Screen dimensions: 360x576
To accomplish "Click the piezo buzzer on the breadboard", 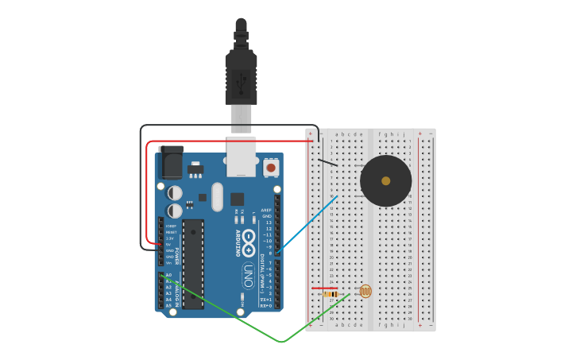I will pyautogui.click(x=385, y=181).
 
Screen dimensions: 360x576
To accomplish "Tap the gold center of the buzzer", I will pyautogui.click(x=385, y=181).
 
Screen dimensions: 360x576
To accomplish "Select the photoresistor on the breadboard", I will pyautogui.click(x=365, y=292).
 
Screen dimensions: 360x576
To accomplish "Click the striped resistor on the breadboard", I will pyautogui.click(x=330, y=294).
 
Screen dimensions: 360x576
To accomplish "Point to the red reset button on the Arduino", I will pyautogui.click(x=271, y=168).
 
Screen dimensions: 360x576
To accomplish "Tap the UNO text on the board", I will pyautogui.click(x=248, y=276).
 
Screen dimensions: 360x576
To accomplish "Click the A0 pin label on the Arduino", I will pyautogui.click(x=168, y=275).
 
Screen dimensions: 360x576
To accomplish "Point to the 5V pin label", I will pyautogui.click(x=168, y=244).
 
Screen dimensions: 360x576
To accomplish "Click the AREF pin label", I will pyautogui.click(x=266, y=210).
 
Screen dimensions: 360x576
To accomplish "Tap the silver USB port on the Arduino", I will pyautogui.click(x=241, y=156).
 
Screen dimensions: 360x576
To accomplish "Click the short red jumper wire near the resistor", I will pyautogui.click(x=324, y=288).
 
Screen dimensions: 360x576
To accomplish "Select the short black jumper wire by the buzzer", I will pyautogui.click(x=327, y=163).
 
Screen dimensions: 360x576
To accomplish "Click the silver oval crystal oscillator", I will pyautogui.click(x=217, y=196).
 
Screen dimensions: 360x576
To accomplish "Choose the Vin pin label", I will pyautogui.click(x=168, y=263).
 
